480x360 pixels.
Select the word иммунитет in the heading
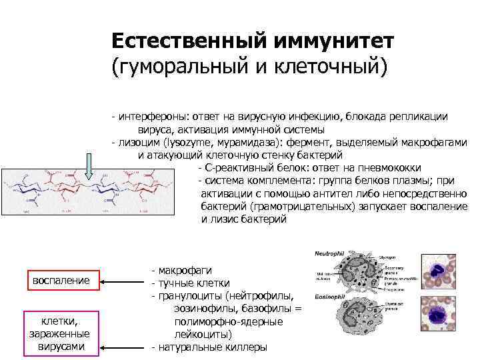tap(333, 41)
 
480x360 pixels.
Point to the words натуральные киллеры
tap(212, 347)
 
